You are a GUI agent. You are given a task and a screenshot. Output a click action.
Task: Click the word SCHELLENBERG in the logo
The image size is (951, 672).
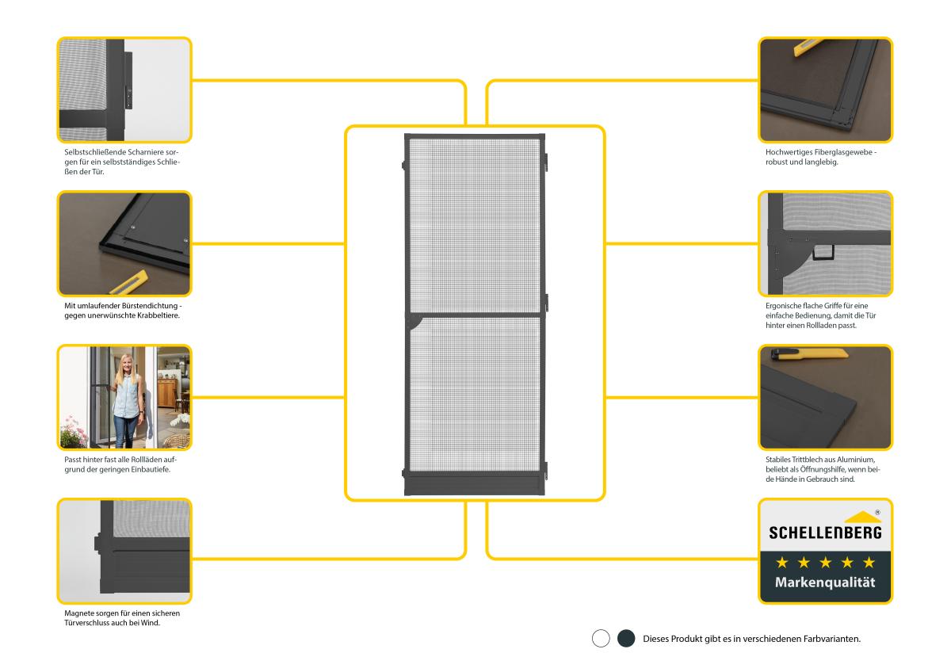pyautogui.click(x=825, y=533)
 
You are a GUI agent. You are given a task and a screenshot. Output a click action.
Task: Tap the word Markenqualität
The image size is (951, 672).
pyautogui.click(x=825, y=583)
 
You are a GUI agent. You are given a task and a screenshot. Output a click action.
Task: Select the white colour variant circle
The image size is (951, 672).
pyautogui.click(x=601, y=639)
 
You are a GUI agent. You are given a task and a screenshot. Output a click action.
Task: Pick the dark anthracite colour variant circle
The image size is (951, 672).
pyautogui.click(x=626, y=639)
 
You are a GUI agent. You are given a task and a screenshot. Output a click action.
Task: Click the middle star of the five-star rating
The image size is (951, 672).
pyautogui.click(x=825, y=562)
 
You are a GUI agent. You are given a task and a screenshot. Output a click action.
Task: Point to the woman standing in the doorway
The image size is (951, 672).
pyautogui.click(x=124, y=400)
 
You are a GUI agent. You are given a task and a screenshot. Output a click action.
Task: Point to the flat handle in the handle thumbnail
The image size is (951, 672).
pyautogui.click(x=822, y=253)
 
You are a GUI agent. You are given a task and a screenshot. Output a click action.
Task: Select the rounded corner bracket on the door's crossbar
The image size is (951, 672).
pyautogui.click(x=414, y=321)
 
